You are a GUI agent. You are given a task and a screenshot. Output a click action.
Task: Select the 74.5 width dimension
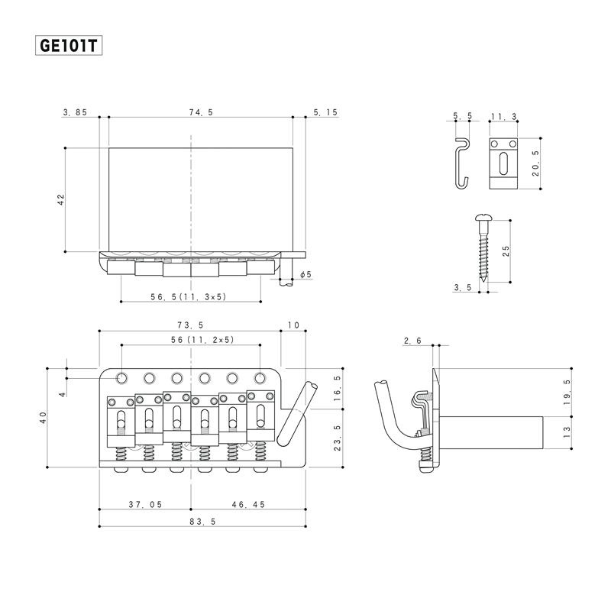click(200, 112)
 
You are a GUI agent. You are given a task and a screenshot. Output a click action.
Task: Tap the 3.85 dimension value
click(76, 112)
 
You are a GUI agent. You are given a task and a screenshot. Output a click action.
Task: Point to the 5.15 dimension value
click(325, 112)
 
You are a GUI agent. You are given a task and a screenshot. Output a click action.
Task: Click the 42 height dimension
click(61, 199)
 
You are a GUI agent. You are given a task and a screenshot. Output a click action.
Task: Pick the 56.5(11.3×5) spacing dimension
click(191, 296)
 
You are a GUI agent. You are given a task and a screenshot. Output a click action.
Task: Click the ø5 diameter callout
click(305, 274)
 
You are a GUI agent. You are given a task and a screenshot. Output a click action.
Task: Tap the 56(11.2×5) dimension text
click(191, 340)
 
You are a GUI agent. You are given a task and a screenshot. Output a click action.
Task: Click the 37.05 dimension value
click(144, 506)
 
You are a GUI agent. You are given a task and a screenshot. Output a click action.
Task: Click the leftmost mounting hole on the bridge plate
click(122, 377)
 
